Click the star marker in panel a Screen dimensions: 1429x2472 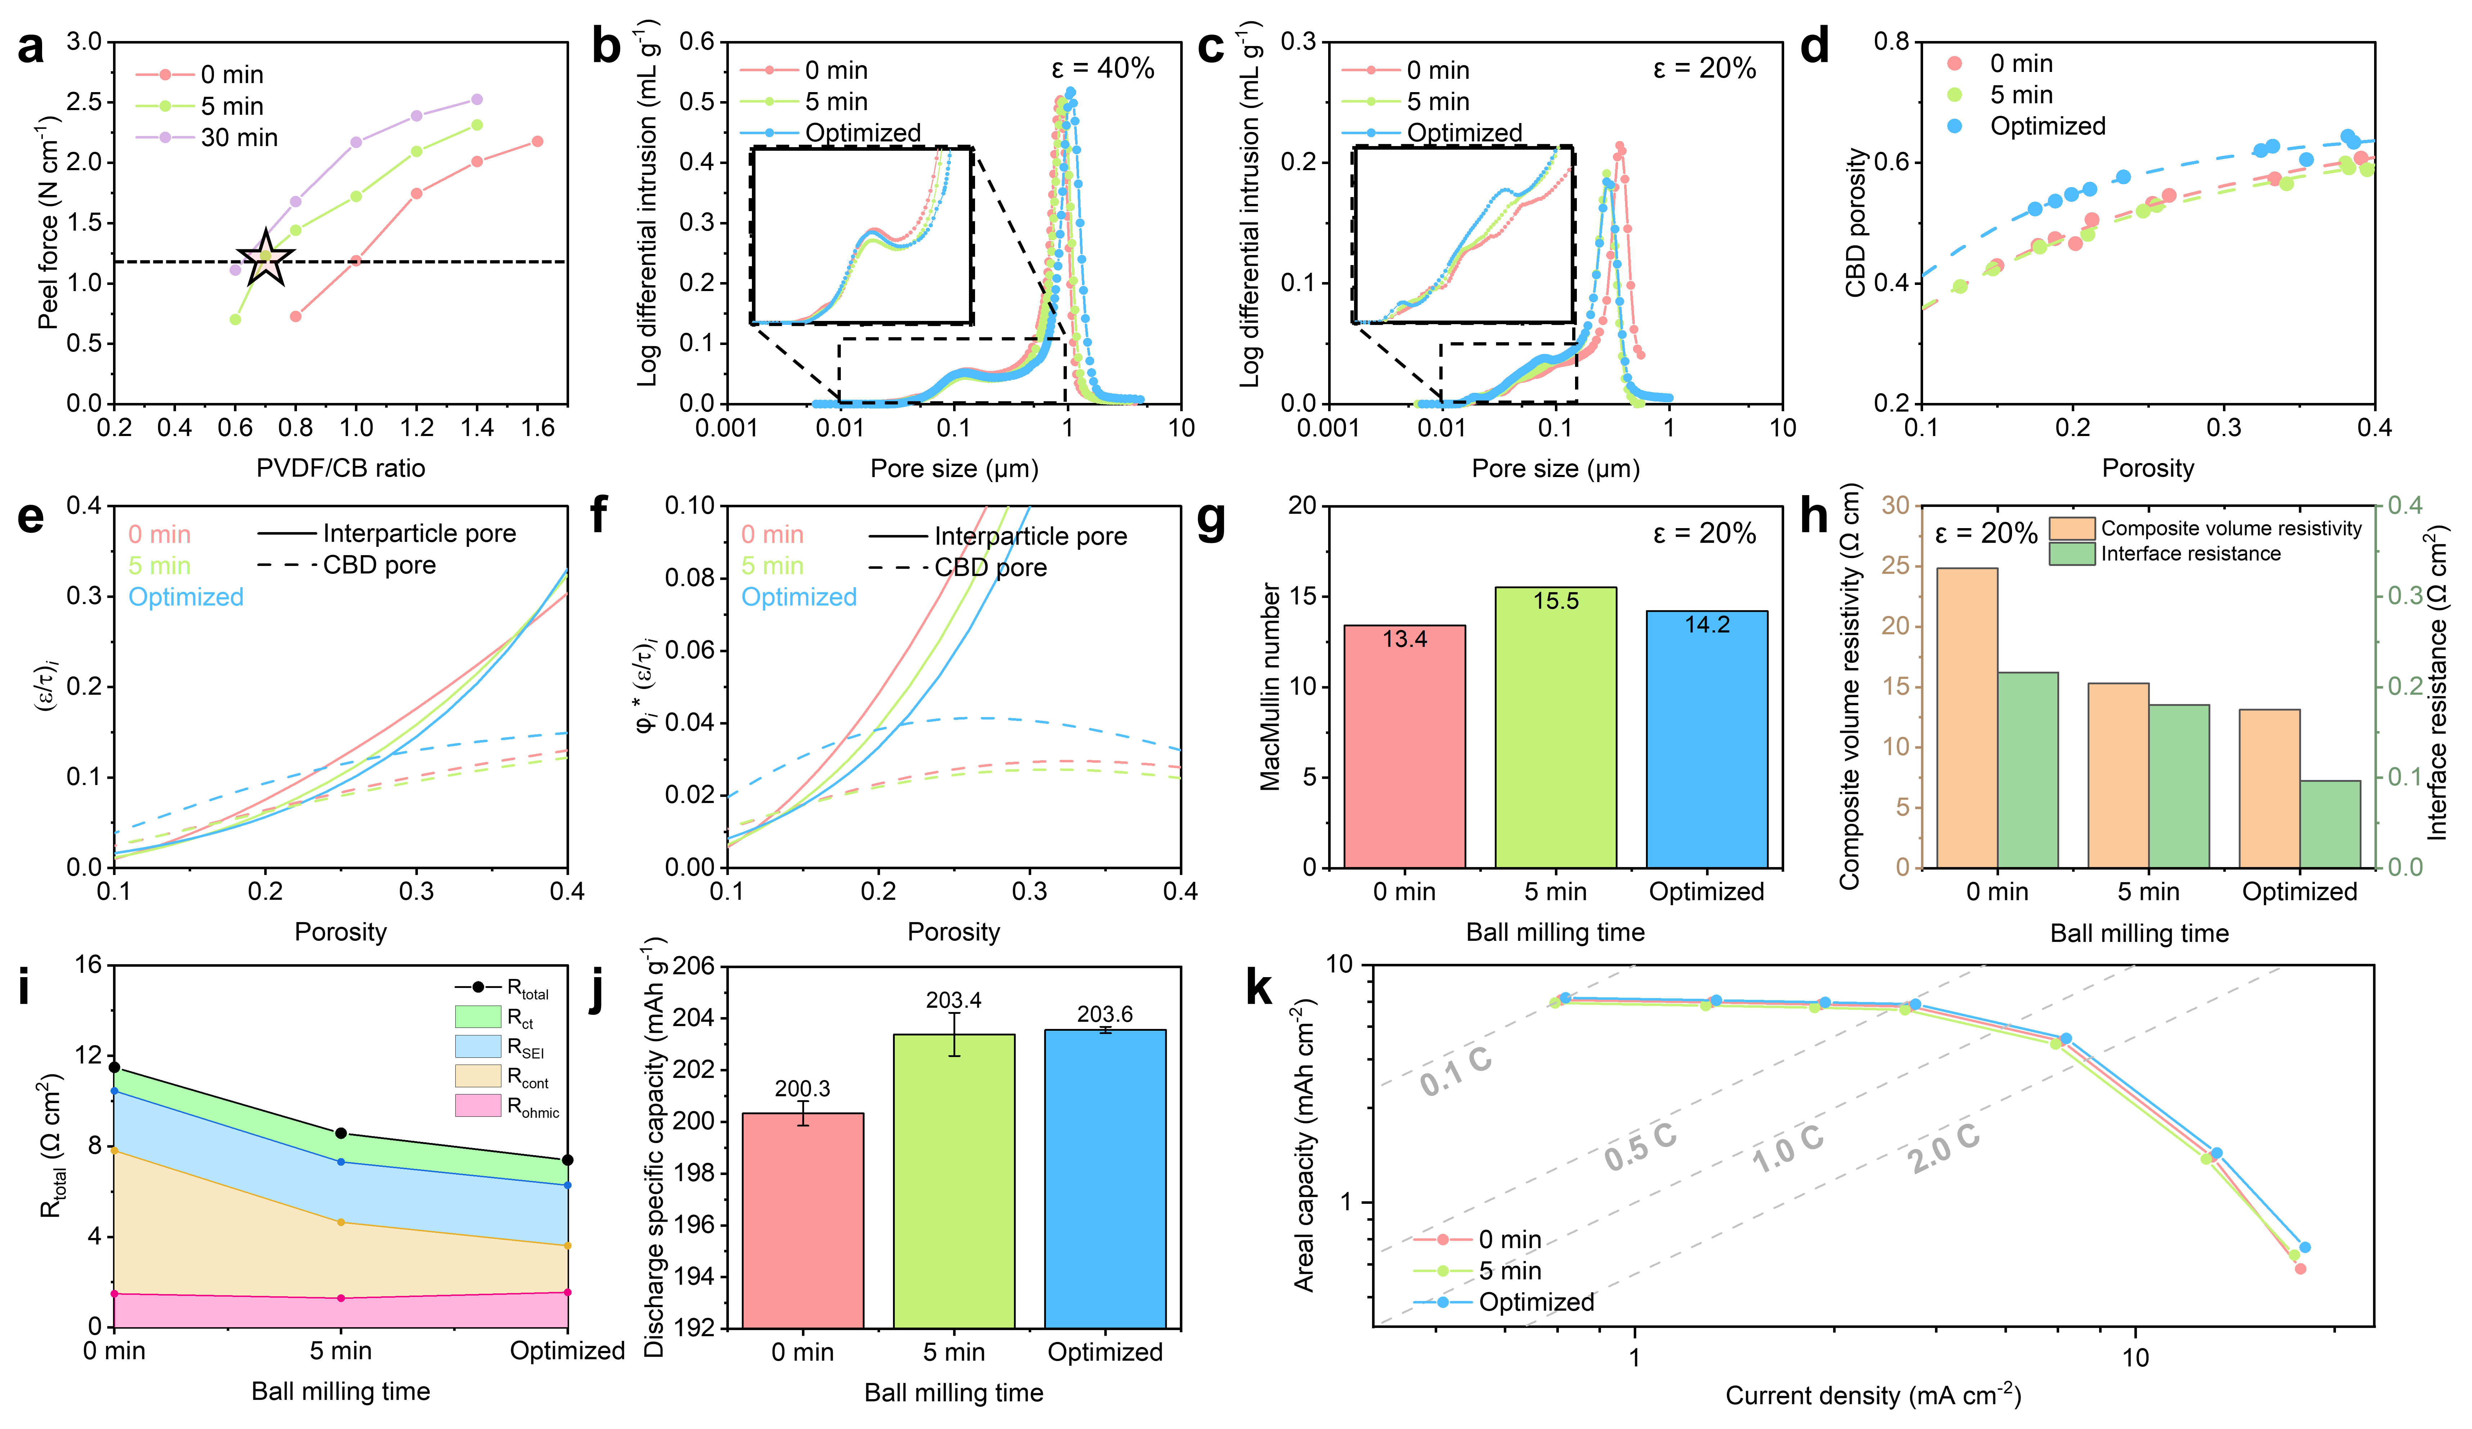tap(266, 261)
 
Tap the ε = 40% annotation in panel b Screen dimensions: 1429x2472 tap(1102, 69)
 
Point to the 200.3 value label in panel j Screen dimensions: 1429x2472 tap(802, 1089)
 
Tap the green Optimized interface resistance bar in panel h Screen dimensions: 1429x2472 tap(2330, 824)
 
